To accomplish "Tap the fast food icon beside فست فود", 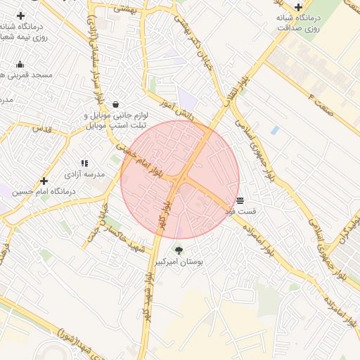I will coord(240,200).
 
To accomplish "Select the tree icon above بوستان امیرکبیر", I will coord(178,250).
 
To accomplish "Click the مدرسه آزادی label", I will coord(84,173).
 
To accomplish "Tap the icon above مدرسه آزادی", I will coord(84,163).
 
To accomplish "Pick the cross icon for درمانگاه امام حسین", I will coord(44,181).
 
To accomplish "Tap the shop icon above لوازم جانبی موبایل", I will coord(115,105).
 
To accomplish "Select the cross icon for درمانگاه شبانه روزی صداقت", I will coord(298,6).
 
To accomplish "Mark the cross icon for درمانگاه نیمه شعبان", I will coord(21,15).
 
